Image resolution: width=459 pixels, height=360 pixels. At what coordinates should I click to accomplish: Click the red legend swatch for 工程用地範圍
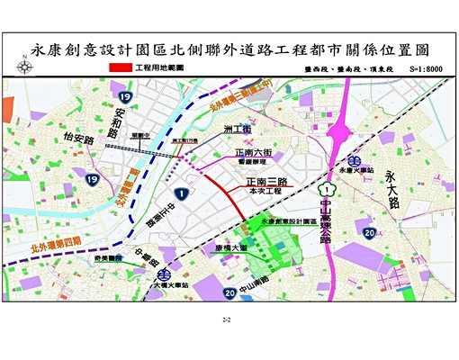pos(120,68)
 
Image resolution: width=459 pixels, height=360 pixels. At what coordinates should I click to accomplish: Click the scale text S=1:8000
pos(427,68)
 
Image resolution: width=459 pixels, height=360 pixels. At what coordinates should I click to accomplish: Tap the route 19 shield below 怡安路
pos(92,180)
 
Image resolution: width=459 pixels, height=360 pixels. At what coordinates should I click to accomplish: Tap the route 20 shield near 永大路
pos(370,232)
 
